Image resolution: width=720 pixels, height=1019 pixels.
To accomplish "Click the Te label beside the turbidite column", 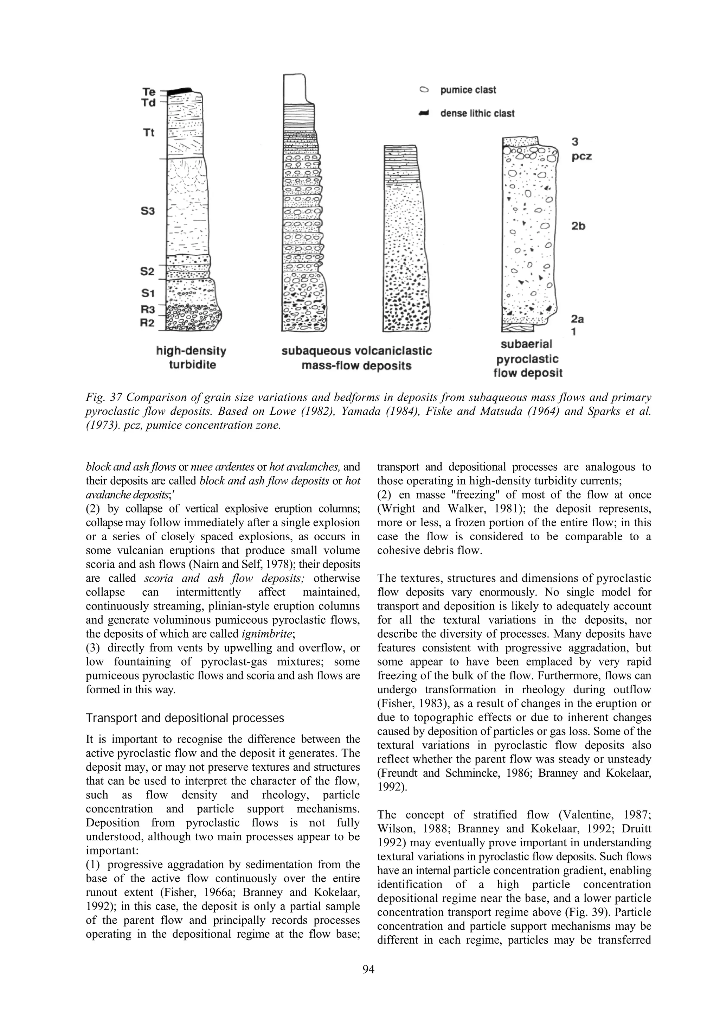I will pyautogui.click(x=149, y=92).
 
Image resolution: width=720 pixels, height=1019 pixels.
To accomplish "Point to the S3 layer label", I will pyautogui.click(x=148, y=211).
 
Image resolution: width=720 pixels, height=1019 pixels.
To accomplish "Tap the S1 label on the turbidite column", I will pyautogui.click(x=148, y=293).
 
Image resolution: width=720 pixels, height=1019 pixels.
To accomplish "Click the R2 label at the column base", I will pyautogui.click(x=147, y=323).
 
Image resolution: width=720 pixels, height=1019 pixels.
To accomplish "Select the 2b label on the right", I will pyautogui.click(x=578, y=226).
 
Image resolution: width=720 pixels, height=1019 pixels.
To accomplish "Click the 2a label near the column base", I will pyautogui.click(x=577, y=319).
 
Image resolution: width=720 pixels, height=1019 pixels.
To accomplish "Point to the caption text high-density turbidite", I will pyautogui.click(x=191, y=358).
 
